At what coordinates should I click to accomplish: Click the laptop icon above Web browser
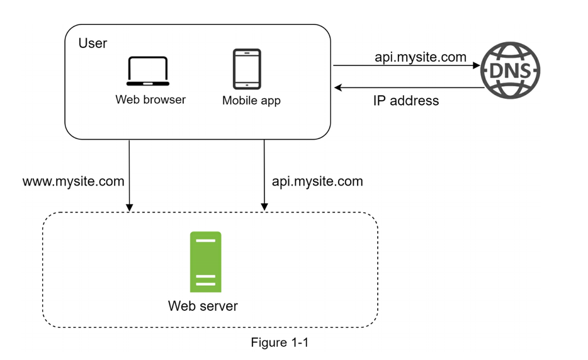(148, 71)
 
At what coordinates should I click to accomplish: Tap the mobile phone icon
(247, 69)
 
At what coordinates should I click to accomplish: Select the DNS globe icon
(511, 69)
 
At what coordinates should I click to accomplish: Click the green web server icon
(206, 262)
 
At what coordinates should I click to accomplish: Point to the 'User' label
(93, 43)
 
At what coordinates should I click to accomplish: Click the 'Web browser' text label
(150, 99)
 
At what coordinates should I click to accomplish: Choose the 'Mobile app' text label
(251, 101)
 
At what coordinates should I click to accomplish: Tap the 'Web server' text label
(203, 307)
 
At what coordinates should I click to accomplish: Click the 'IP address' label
(405, 101)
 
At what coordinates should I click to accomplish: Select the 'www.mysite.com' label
(74, 181)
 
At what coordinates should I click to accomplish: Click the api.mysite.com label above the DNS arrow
(421, 57)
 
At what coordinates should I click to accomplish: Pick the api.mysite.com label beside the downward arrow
(317, 181)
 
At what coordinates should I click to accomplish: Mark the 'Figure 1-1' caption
(280, 342)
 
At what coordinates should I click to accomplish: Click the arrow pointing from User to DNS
(406, 65)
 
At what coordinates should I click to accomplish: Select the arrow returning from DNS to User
(409, 87)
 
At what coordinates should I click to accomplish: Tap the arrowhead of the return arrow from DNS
(337, 87)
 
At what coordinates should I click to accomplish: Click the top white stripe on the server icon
(206, 241)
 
